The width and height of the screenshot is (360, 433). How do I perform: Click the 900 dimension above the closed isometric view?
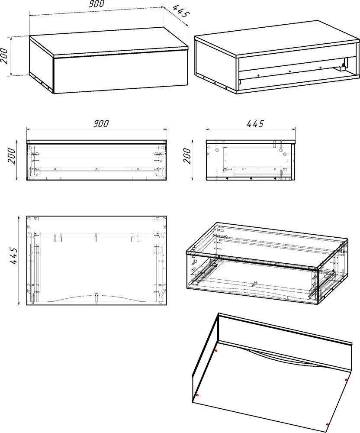[x=96, y=3]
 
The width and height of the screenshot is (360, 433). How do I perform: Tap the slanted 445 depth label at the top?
[x=181, y=11]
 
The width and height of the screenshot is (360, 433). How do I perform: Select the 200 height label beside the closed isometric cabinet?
[x=4, y=55]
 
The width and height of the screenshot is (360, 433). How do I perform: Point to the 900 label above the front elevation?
[x=101, y=123]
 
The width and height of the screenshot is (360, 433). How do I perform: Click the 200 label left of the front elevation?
[x=12, y=156]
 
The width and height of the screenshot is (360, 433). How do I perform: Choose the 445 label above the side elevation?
[x=255, y=123]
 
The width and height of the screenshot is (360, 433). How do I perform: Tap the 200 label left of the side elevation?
[x=187, y=156]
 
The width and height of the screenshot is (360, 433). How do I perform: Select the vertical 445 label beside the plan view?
[x=14, y=256]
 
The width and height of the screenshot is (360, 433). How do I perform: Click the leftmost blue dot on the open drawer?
[x=258, y=75]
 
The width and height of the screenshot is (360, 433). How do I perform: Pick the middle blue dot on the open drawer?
[x=289, y=71]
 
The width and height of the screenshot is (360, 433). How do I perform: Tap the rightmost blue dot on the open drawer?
[x=320, y=68]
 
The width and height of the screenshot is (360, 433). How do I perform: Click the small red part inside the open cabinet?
[x=343, y=65]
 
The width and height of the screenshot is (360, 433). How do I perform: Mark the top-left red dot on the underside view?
[x=216, y=351]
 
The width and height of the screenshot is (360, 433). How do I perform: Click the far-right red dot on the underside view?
[x=346, y=380]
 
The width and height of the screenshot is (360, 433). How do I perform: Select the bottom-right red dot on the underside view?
[x=328, y=424]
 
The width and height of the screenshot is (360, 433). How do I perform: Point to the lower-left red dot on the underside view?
[x=197, y=395]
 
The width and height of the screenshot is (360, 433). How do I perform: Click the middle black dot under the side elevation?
[x=251, y=179]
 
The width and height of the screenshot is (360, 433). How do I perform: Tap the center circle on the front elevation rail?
[x=96, y=169]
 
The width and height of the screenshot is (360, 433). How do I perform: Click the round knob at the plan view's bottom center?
[x=96, y=294]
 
